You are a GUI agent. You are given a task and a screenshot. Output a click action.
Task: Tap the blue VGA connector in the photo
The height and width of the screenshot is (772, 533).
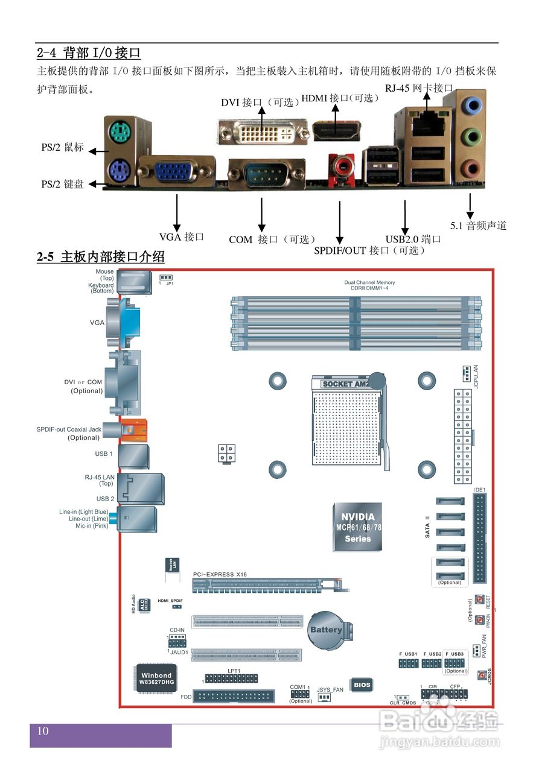click(x=176, y=172)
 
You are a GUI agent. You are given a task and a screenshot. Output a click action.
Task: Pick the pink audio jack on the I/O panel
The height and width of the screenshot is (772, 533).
click(x=471, y=168)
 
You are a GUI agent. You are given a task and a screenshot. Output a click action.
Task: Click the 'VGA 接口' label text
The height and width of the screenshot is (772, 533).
click(x=181, y=237)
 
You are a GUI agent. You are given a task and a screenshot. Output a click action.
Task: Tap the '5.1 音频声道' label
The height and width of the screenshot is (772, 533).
click(x=478, y=226)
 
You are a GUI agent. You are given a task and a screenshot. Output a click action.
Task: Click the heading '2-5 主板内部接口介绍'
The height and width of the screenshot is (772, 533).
click(x=100, y=257)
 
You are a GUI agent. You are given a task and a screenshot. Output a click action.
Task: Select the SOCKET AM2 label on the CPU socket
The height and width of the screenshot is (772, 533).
click(x=345, y=384)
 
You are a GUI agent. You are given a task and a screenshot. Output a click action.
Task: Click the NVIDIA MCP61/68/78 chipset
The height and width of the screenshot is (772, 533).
click(x=358, y=527)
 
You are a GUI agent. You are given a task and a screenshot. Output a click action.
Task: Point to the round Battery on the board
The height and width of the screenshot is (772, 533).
click(x=326, y=630)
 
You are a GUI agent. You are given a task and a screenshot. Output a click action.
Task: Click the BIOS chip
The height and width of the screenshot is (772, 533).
click(x=362, y=685)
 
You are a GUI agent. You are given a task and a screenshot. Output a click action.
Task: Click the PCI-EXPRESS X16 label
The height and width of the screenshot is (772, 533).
click(x=220, y=575)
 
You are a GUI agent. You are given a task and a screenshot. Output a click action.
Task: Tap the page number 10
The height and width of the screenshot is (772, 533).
click(x=43, y=732)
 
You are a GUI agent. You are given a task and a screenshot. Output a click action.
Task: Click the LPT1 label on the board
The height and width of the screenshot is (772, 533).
click(x=234, y=671)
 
